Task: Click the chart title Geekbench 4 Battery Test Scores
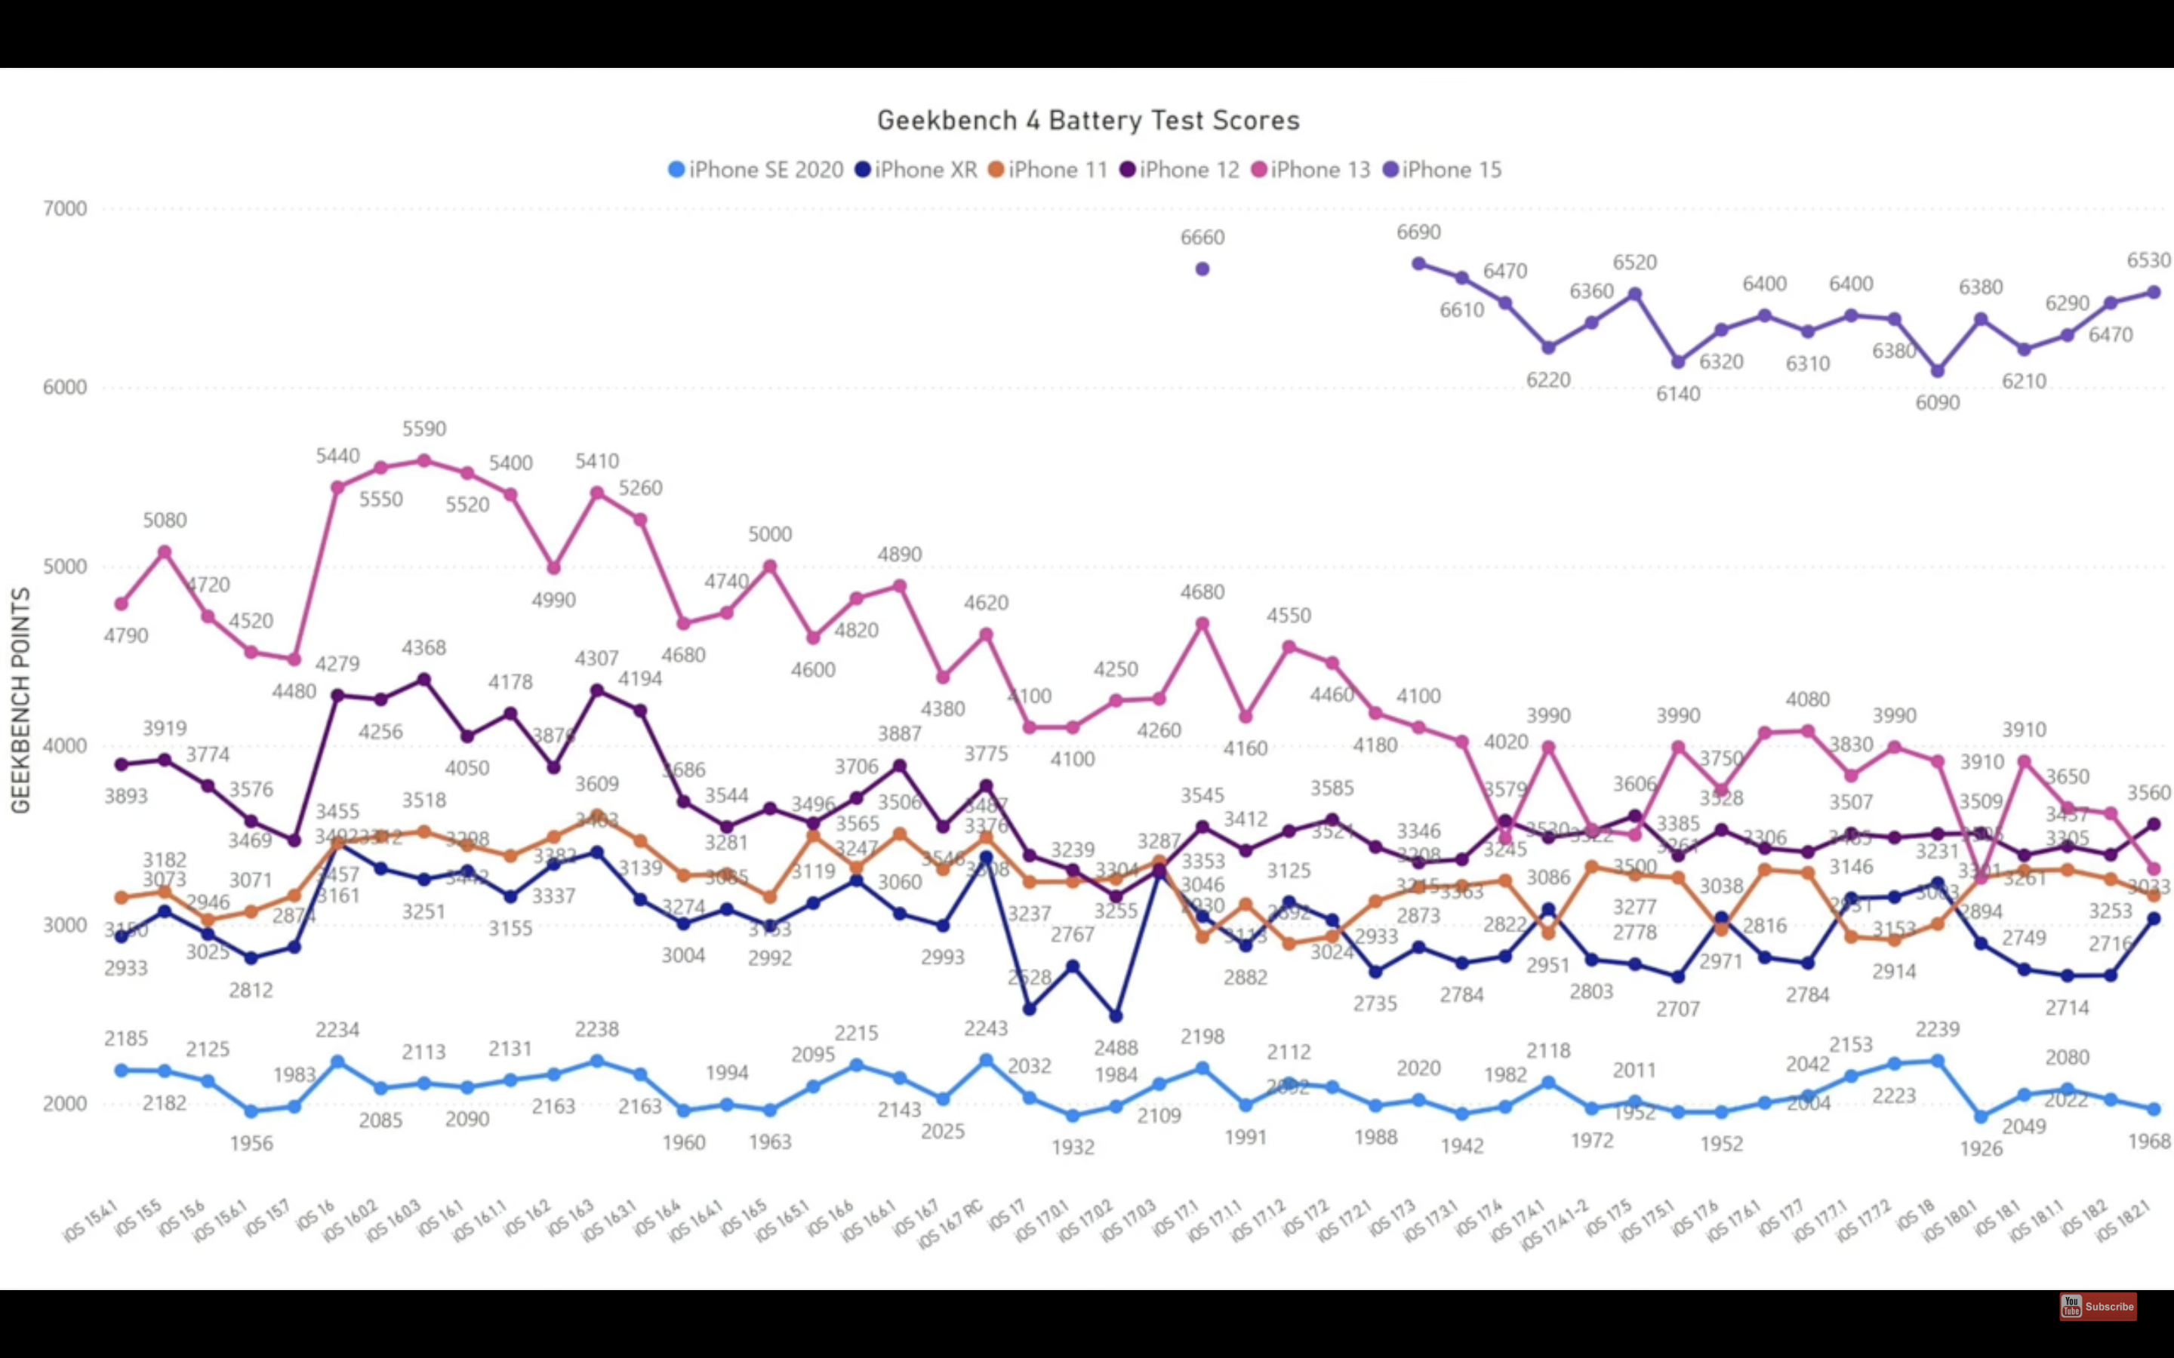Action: point(1088,121)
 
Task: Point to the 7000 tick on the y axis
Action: point(65,208)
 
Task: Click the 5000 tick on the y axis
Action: point(65,567)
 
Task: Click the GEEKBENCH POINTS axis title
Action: point(20,701)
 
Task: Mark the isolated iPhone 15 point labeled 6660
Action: point(1202,269)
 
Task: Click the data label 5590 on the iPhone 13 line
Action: point(424,429)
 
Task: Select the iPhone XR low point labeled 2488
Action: point(1116,1015)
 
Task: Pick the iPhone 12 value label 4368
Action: point(424,647)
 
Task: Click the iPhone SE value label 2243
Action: point(987,1028)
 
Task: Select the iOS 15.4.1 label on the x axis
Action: point(91,1223)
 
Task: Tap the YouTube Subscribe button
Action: point(2098,1306)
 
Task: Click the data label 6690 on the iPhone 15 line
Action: point(1418,232)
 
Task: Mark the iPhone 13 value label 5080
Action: point(165,521)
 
